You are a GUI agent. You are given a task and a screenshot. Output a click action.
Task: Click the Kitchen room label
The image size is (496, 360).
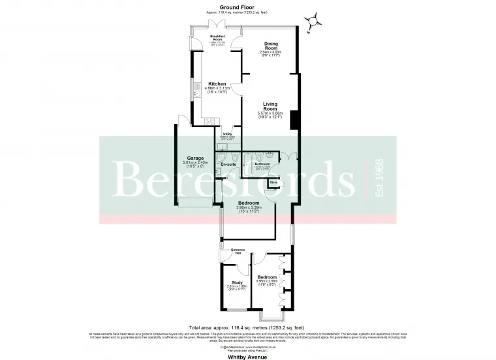217,84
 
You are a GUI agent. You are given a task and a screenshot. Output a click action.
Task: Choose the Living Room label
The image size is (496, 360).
270,106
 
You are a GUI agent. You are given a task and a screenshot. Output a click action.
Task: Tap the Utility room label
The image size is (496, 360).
227,133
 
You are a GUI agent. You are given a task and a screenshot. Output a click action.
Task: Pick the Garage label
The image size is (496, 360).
195,158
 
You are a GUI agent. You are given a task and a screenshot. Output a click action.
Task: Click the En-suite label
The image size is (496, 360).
228,164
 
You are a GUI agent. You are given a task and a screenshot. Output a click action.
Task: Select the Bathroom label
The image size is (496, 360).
262,164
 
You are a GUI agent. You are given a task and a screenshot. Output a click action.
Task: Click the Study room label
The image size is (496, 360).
236,282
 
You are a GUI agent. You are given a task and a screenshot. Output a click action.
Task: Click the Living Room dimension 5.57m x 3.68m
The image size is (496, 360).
270,115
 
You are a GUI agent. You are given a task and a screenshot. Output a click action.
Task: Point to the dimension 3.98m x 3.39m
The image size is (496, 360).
249,209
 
